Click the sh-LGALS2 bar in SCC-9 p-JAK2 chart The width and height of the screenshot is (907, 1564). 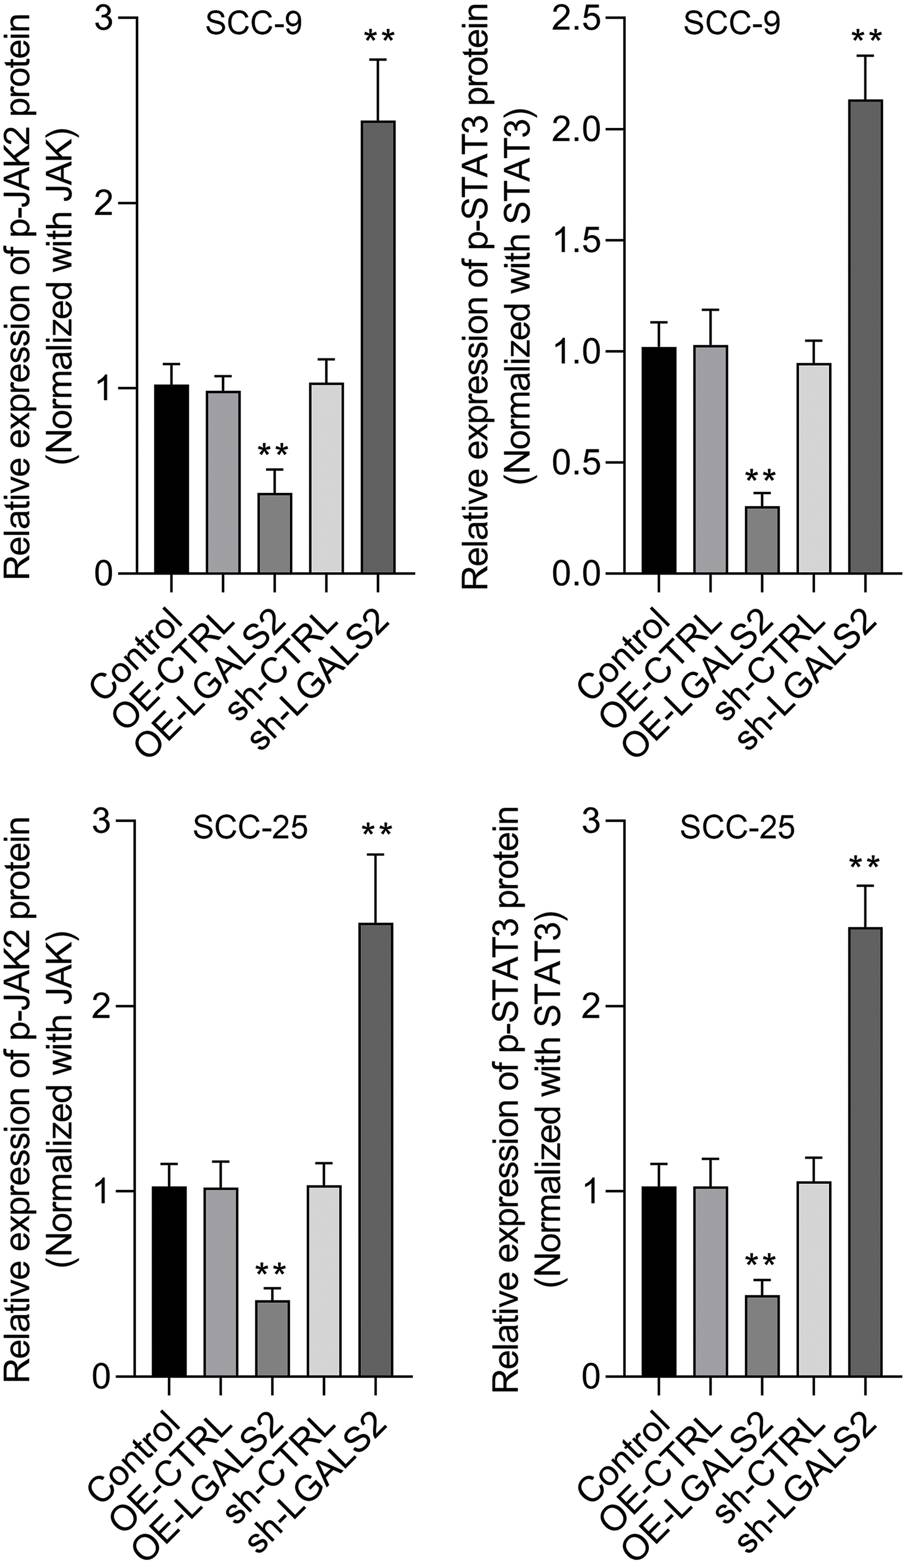378,347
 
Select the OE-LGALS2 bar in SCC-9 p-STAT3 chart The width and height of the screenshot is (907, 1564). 762,540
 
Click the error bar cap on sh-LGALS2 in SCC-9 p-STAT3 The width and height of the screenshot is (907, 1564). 865,56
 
